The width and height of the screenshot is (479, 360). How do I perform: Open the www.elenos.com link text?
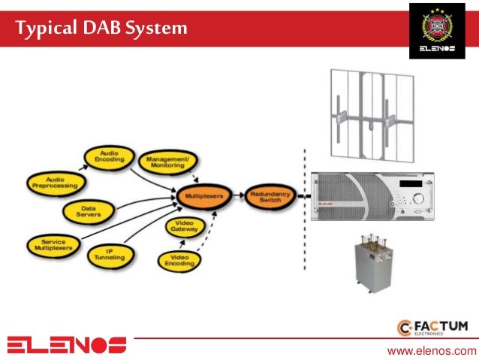click(x=431, y=350)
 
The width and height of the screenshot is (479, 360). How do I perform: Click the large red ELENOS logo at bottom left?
click(x=67, y=344)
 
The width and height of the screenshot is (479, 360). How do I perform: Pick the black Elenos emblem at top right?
click(x=441, y=30)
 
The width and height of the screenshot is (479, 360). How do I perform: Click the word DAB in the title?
click(x=95, y=29)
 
